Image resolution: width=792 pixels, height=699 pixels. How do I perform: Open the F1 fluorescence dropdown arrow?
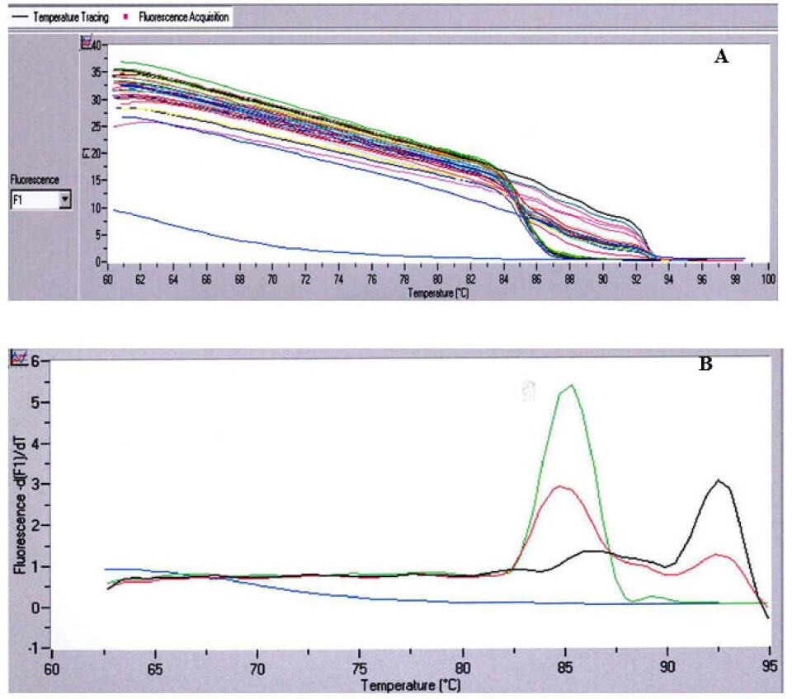(65, 199)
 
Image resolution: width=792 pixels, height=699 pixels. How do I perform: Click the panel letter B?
(705, 364)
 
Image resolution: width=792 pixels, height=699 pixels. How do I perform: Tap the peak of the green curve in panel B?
(571, 385)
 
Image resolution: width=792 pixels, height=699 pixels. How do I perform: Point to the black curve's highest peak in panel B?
(719, 480)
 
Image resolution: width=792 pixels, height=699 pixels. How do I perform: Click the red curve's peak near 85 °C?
(562, 486)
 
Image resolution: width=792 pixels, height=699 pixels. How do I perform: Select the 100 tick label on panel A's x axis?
(768, 279)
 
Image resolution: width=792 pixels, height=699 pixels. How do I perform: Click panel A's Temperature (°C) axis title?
(438, 293)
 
